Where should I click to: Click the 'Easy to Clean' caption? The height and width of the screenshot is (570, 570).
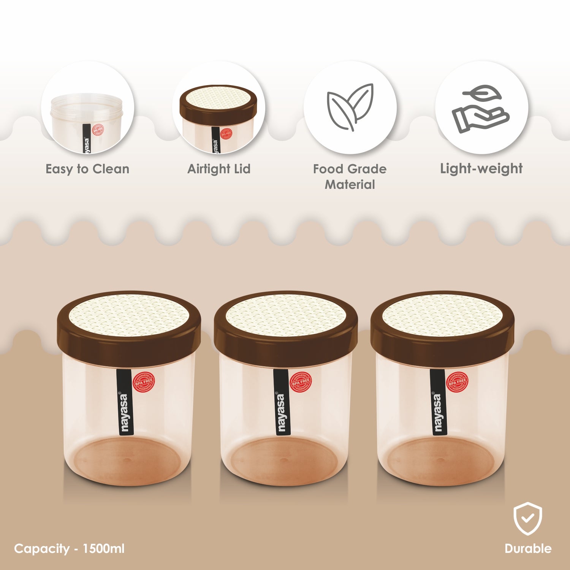coord(87,169)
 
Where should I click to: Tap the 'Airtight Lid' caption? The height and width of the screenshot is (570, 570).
coord(219,169)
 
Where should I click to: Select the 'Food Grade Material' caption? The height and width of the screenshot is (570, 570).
coord(350,177)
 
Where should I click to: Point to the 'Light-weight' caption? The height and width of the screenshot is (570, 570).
coord(481,168)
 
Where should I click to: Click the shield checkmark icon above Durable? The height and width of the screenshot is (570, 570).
coord(528,518)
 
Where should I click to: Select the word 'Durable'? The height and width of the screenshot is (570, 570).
coord(528,548)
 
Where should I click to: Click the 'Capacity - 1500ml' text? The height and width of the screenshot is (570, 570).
coord(69,549)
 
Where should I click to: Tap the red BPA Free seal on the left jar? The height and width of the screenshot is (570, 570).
coord(144,382)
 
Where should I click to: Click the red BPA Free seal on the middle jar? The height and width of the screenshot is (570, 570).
coord(301,382)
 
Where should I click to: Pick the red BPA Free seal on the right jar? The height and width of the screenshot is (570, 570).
coord(457,382)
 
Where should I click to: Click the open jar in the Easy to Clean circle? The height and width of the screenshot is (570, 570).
coord(87,118)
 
